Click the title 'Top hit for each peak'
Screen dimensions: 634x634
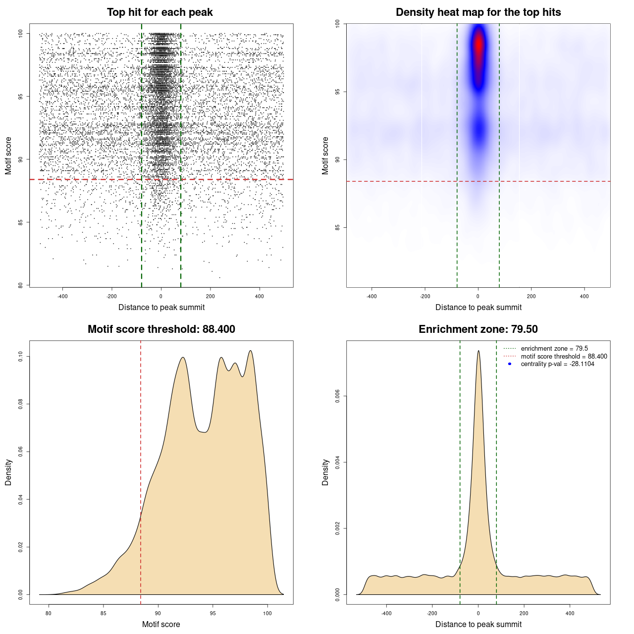point(159,12)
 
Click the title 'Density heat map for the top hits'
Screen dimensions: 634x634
point(478,12)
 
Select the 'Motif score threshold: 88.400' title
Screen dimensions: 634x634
point(161,329)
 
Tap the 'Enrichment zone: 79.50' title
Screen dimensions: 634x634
point(478,329)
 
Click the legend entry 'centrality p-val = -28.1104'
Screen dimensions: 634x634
point(557,364)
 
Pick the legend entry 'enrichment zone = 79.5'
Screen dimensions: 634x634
point(554,349)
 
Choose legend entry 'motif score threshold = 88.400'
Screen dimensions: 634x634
point(564,357)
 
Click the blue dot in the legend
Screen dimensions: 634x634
point(510,364)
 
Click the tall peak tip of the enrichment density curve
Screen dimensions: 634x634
point(478,351)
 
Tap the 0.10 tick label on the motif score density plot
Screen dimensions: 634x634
point(20,356)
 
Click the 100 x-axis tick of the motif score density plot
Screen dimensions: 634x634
point(267,613)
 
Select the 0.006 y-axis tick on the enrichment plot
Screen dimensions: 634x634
point(337,396)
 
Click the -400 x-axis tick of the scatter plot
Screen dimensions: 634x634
point(62,296)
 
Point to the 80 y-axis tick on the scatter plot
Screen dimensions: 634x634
point(20,285)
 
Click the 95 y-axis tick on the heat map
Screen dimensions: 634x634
point(337,92)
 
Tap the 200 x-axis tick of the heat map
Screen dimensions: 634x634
point(531,296)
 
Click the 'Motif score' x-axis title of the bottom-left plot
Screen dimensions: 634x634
point(161,624)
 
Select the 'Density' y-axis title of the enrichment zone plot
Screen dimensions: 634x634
point(325,472)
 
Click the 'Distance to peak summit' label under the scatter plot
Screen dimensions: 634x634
point(161,307)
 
